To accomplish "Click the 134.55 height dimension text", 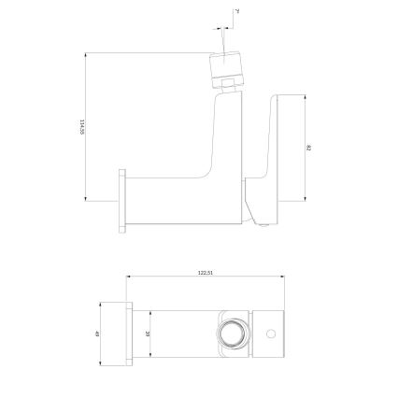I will [82, 126].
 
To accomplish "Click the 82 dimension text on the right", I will [309, 148].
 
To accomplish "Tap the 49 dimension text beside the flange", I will [98, 334].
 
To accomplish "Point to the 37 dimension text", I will [148, 334].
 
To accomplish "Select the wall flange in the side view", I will [121, 199].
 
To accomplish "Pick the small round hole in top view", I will [271, 334].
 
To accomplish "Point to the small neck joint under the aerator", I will [227, 90].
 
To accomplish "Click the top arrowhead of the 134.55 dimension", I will [87, 55].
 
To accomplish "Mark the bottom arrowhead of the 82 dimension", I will [305, 199].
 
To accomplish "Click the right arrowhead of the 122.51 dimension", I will [282, 277].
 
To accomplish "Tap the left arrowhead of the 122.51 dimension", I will [129, 277].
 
